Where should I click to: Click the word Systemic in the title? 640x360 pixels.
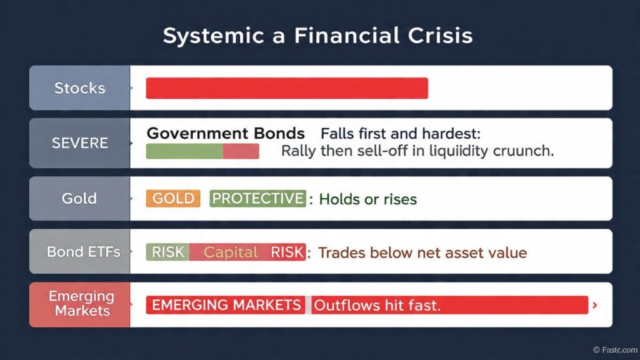point(202,36)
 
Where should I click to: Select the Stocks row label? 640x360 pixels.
point(79,88)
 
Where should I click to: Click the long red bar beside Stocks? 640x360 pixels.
point(287,88)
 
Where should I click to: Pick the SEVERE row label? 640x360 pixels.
point(79,143)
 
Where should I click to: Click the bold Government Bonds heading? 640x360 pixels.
point(226,134)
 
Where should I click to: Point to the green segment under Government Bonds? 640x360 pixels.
point(184,151)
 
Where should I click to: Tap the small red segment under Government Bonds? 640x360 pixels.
point(241,151)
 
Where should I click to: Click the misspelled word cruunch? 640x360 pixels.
point(523,151)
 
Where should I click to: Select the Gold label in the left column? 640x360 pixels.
point(79,199)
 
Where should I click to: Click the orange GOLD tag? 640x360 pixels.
point(173,199)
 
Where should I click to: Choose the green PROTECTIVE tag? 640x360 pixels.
point(257,199)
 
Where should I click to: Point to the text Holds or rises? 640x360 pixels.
point(367,199)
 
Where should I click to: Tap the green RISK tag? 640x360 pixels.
point(167,252)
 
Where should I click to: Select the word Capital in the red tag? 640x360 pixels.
point(231,252)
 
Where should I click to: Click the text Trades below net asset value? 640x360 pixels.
point(422,252)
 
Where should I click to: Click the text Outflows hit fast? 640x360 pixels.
point(377,305)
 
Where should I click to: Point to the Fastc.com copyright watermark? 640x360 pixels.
point(615,350)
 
